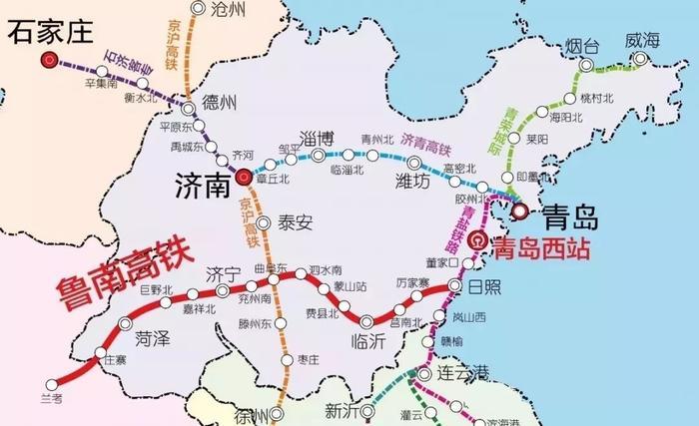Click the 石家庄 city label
click(x=50, y=34)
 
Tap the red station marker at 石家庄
click(x=48, y=61)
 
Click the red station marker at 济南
click(x=244, y=178)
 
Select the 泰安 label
click(x=294, y=222)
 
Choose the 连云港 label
click(x=466, y=373)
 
